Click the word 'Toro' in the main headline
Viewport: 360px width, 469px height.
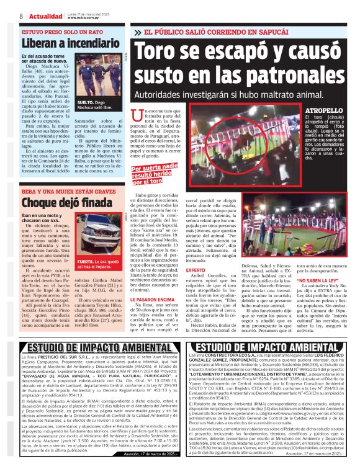[x=163, y=53]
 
